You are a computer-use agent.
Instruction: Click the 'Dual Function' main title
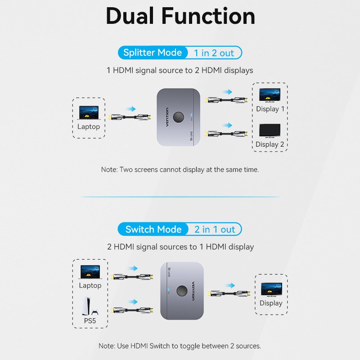pos(180,16)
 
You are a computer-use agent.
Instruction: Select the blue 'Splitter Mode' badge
pos(153,53)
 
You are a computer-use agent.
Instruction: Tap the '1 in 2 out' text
pos(214,53)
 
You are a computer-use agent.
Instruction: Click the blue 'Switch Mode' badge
pos(153,229)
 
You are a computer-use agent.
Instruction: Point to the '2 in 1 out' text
pos(215,229)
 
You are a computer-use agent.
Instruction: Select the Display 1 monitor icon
pos(270,95)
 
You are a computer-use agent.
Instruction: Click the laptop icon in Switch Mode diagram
pos(90,272)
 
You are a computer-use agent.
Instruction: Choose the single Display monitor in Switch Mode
pos(271,289)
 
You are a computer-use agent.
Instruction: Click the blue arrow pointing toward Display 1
pos(227,92)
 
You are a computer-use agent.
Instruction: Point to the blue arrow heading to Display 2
pos(227,125)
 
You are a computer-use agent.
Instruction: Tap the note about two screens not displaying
pos(180,170)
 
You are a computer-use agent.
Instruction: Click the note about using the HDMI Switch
pos(180,346)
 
